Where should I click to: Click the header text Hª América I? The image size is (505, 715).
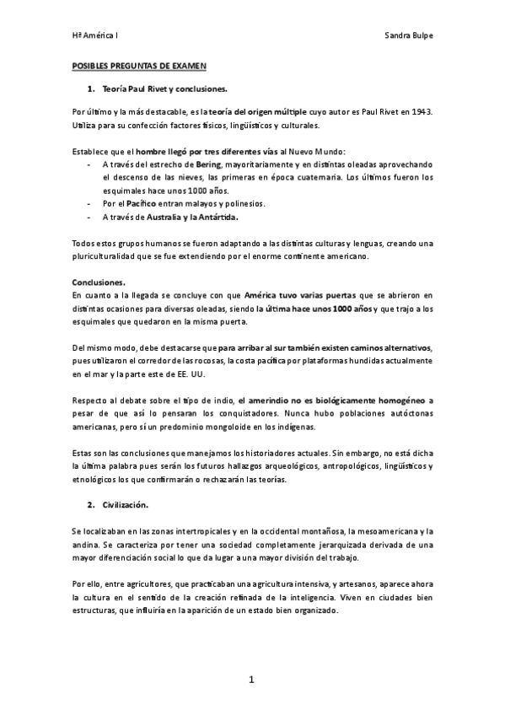tap(94, 36)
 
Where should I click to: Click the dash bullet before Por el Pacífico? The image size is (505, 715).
tap(89, 203)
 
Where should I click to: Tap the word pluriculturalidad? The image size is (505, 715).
tap(109, 256)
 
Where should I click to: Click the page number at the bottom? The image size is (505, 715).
tap(251, 679)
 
